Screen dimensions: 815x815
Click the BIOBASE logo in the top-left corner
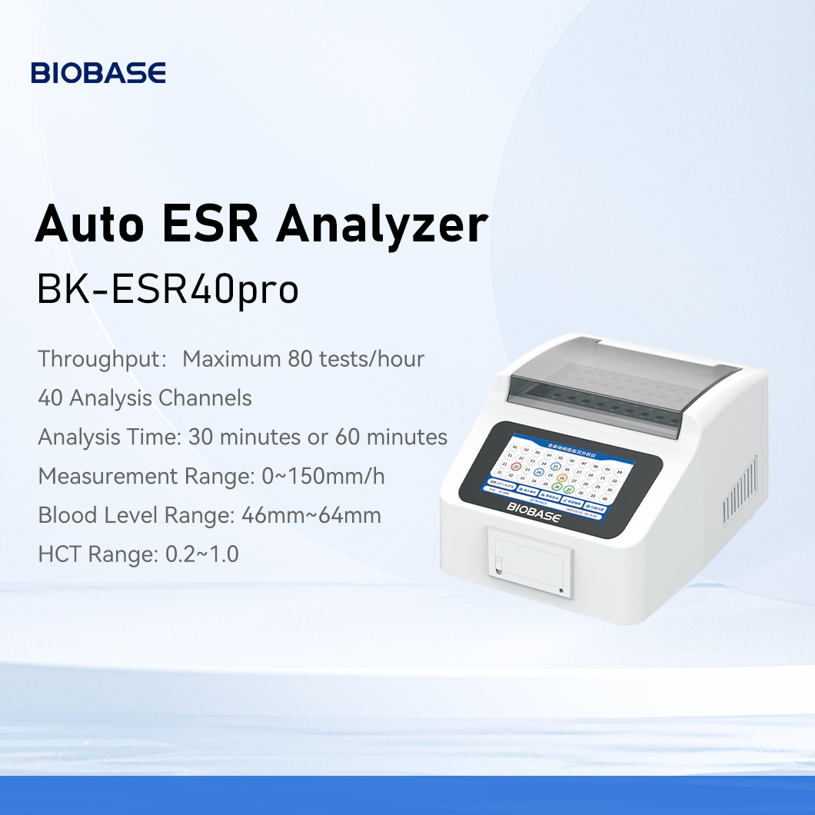(x=98, y=73)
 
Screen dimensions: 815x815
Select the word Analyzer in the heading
(x=382, y=225)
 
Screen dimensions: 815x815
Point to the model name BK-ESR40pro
(x=168, y=290)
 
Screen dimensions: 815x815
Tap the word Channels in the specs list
(x=205, y=398)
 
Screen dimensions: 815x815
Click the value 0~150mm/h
(x=318, y=476)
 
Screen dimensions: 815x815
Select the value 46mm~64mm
(x=311, y=515)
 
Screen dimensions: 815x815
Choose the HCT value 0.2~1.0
(x=202, y=554)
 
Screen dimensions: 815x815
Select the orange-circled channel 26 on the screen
(x=562, y=477)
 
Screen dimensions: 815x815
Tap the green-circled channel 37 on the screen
(x=567, y=489)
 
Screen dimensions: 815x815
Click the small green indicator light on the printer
(x=562, y=590)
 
